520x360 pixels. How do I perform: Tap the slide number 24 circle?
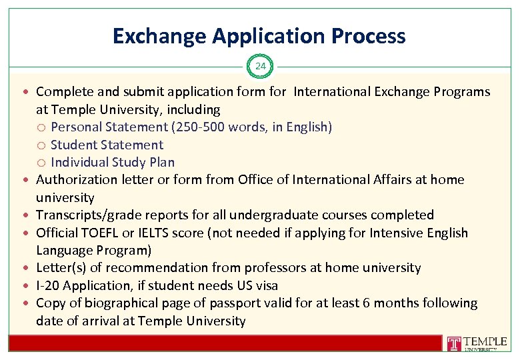click(260, 66)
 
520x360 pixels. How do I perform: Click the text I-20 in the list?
click(47, 285)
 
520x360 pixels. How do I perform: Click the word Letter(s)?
click(59, 267)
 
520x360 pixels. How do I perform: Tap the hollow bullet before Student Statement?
click(42, 145)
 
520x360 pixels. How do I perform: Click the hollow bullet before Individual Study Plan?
click(42, 162)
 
